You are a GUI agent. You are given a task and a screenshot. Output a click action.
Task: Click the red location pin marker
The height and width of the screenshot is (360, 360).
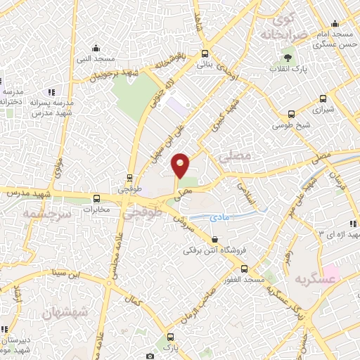click(181, 165)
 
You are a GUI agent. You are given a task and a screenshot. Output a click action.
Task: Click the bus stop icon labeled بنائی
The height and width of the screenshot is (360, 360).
click(205, 53)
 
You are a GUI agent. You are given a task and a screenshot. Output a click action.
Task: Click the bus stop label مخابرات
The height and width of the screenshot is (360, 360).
click(97, 209)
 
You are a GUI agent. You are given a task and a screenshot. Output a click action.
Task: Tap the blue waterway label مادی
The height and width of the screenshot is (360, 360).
click(220, 219)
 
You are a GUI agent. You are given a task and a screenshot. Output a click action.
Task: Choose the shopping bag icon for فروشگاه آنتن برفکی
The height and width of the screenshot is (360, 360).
click(214, 240)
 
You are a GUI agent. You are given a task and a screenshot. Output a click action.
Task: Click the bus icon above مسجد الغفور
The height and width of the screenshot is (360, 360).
click(244, 269)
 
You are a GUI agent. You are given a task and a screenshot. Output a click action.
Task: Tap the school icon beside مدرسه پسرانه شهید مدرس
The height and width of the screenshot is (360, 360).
click(51, 92)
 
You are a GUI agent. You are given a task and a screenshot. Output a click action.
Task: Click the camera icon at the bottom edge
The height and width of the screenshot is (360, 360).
click(149, 356)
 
